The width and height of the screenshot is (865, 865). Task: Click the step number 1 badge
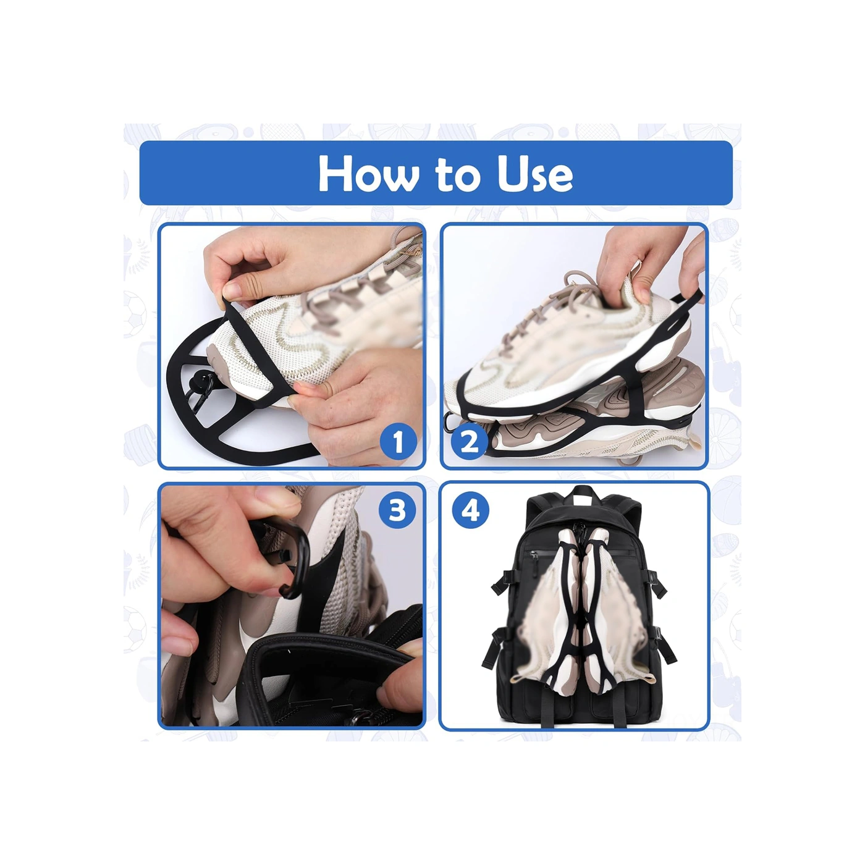(x=398, y=442)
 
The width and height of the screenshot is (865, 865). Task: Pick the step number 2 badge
(x=470, y=442)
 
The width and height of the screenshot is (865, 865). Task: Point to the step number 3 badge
(x=397, y=510)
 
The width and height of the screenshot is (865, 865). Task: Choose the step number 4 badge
(x=470, y=511)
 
